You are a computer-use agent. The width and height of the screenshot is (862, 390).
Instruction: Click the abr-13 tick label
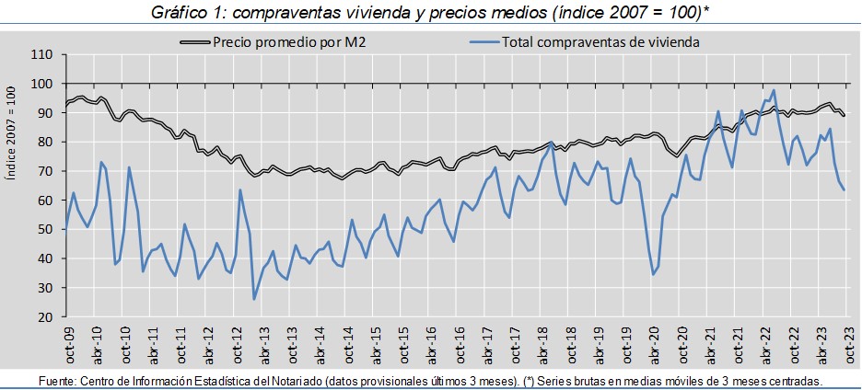[262, 343]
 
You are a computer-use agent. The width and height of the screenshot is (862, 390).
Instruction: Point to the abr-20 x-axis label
[653, 343]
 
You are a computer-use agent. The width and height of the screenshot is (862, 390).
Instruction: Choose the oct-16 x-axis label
[458, 343]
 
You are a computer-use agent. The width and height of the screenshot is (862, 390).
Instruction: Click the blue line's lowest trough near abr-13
[254, 299]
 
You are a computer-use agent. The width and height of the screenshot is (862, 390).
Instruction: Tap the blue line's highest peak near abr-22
[775, 90]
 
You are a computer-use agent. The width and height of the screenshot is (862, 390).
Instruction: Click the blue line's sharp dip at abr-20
[654, 274]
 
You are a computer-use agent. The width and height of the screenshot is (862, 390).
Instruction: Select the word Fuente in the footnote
[58, 381]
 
